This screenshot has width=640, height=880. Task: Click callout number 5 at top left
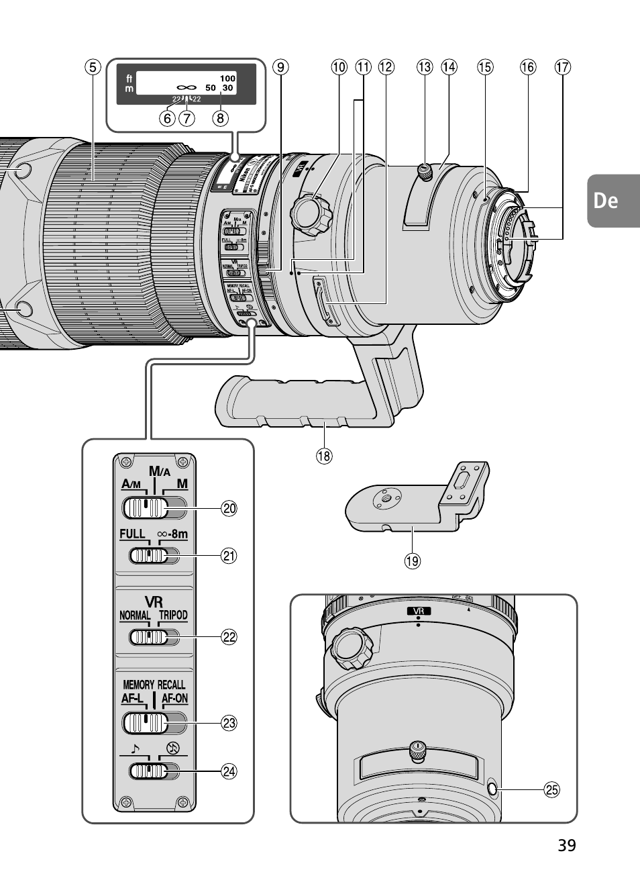click(x=93, y=66)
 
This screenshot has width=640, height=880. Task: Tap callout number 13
click(x=425, y=66)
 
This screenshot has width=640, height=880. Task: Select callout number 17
click(x=562, y=66)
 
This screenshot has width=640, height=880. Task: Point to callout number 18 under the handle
click(x=324, y=456)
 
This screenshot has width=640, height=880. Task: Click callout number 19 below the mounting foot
click(x=412, y=560)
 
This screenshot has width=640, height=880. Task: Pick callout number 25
click(x=551, y=790)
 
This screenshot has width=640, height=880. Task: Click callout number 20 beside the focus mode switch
click(x=229, y=508)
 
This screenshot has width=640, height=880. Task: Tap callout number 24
click(x=229, y=771)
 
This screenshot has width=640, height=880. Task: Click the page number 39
click(x=566, y=845)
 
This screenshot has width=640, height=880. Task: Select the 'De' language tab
click(x=606, y=201)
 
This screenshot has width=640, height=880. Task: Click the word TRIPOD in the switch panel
click(x=173, y=615)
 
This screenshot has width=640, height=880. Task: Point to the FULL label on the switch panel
click(x=132, y=534)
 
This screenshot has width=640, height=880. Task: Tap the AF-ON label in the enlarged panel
click(x=175, y=699)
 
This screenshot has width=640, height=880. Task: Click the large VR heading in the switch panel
click(x=154, y=601)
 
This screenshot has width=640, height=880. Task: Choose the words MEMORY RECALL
click(x=154, y=685)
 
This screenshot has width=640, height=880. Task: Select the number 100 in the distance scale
click(x=227, y=79)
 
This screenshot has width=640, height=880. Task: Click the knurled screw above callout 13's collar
click(x=424, y=171)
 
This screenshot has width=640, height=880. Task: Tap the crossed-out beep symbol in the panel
click(x=173, y=748)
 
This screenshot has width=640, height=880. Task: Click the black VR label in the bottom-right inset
click(x=419, y=611)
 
